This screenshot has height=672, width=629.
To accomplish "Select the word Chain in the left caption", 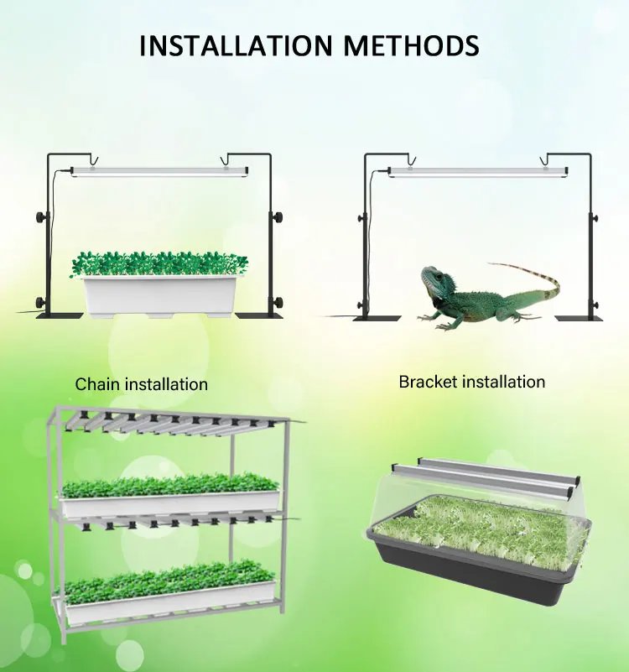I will tap(97, 384).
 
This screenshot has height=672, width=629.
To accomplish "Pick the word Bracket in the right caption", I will tap(427, 382).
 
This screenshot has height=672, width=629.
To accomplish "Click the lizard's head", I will tap(434, 281).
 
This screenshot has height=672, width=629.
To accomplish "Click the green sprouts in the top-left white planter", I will tap(159, 263).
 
